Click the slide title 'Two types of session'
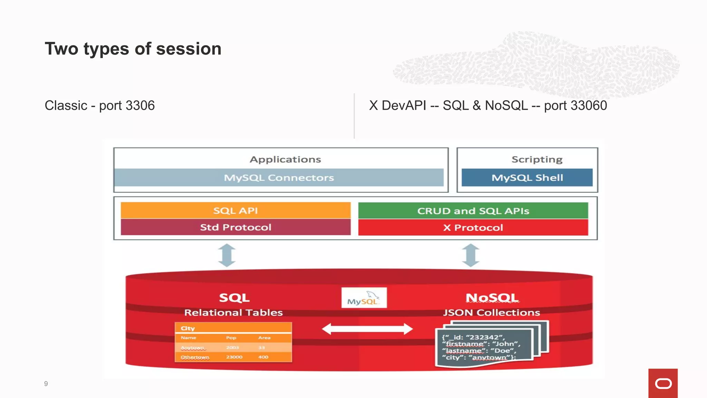coord(133,49)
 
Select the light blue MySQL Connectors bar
coord(279,178)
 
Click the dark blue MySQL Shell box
coord(527,178)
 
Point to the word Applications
coord(285,159)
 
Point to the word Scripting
coord(537,159)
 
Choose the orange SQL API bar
coord(235,210)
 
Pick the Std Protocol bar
coord(235,227)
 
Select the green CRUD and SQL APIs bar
coord(473,211)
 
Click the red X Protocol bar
coord(473,228)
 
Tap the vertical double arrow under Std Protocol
coord(227,255)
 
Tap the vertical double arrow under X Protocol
coord(471,255)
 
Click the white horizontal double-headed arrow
coord(367,329)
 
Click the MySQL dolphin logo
coord(364,298)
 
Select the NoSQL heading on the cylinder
coord(492,297)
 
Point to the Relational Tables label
coord(233,313)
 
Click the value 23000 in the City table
coord(234,357)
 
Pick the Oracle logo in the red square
coord(663,383)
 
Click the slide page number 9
coord(46,383)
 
